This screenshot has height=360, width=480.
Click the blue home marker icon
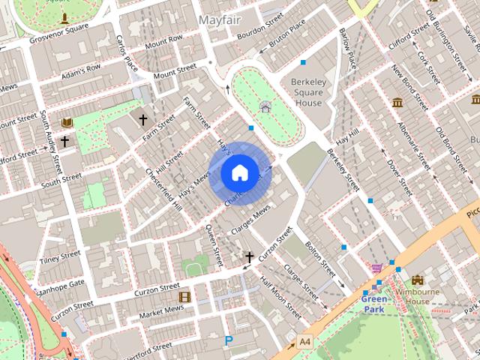(238, 172)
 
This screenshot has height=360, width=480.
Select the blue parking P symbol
(229, 340)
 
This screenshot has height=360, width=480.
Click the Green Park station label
(375, 302)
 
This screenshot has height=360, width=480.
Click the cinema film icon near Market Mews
(184, 296)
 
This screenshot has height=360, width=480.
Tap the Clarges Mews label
(250, 223)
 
